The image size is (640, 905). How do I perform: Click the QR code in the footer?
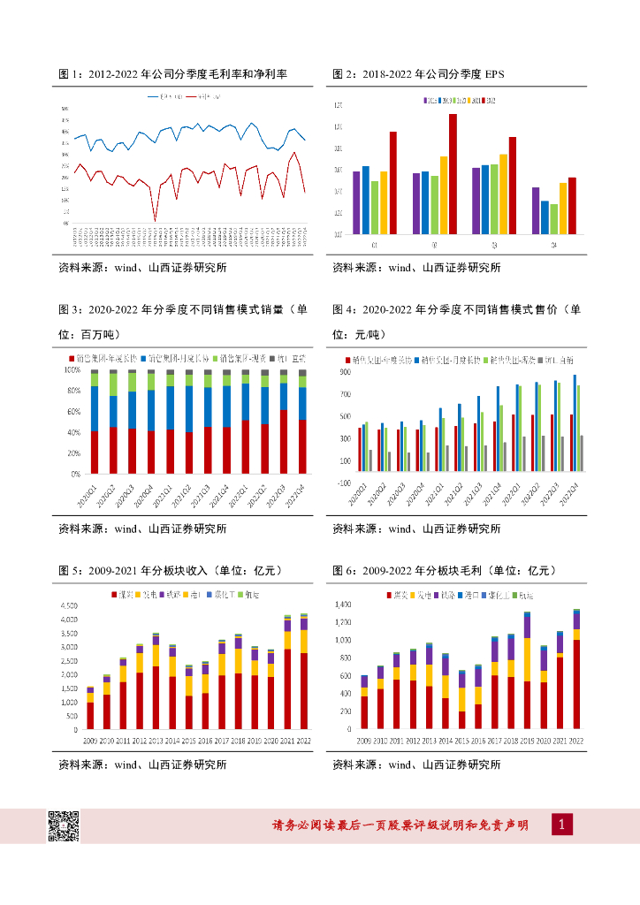[x=64, y=825]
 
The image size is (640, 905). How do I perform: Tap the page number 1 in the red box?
[x=563, y=825]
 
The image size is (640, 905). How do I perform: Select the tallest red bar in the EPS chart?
[x=453, y=173]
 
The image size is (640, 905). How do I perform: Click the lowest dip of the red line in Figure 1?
[x=156, y=220]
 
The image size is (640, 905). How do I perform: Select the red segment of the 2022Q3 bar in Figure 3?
[x=283, y=441]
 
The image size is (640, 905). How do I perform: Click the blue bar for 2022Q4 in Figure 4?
[x=575, y=429]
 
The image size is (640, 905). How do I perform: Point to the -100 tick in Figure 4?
[x=342, y=483]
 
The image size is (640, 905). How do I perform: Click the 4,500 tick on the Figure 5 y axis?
[x=67, y=606]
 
